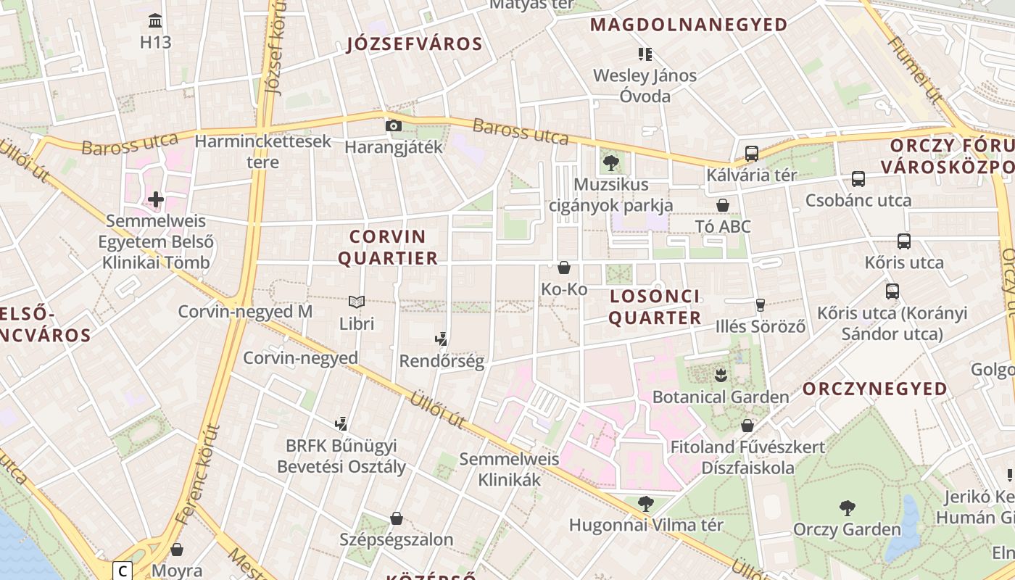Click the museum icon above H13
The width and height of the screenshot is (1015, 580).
tap(155, 20)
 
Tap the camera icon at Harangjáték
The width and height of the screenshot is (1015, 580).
tap(393, 125)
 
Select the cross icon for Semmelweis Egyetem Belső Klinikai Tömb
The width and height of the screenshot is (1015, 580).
tap(155, 199)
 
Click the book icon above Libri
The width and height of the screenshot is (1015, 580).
tap(356, 302)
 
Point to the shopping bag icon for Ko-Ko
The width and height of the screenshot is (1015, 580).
tap(563, 268)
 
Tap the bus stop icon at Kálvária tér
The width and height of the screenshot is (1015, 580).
tap(751, 154)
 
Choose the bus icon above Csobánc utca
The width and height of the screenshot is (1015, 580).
tap(858, 178)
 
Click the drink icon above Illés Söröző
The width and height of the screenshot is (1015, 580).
tap(760, 305)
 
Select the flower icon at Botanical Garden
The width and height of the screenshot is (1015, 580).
tap(721, 375)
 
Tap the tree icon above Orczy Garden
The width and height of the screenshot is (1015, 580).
tap(846, 507)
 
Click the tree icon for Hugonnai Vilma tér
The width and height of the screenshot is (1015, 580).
tap(645, 503)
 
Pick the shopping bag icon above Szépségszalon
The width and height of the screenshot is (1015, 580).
tap(396, 518)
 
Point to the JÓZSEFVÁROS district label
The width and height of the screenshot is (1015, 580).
tap(415, 44)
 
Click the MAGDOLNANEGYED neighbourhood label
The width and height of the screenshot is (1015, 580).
tap(688, 25)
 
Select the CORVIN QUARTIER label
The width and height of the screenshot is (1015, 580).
tap(388, 247)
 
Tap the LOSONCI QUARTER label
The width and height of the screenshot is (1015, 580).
tap(655, 307)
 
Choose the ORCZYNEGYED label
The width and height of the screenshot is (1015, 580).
tap(874, 389)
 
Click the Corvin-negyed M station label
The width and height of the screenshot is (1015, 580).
tap(245, 312)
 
